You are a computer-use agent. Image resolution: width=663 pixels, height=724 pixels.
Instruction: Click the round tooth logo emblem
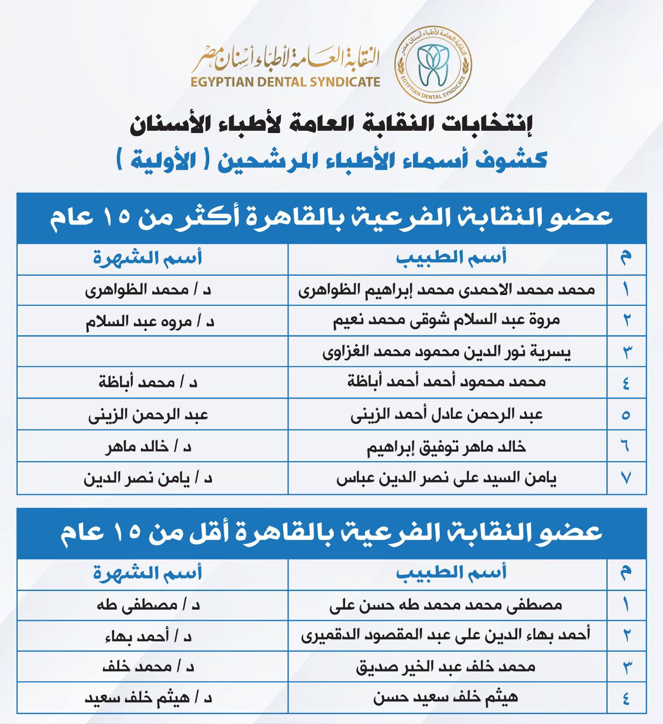coord(433,64)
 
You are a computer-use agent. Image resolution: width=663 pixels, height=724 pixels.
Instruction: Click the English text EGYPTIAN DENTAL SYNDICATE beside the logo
coord(285,82)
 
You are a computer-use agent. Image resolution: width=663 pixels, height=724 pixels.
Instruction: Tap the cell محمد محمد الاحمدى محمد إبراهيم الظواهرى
coord(447,290)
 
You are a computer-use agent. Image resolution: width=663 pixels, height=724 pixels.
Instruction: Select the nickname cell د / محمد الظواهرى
coord(148,290)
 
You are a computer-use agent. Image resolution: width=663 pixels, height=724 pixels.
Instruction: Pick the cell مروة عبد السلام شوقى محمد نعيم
coord(447,320)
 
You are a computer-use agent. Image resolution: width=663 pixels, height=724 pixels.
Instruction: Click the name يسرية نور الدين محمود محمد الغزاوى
coord(447,352)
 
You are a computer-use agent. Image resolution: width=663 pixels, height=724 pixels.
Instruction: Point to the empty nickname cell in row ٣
coord(152,351)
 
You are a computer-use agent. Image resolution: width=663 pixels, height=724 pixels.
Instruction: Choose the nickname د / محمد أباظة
coord(148,382)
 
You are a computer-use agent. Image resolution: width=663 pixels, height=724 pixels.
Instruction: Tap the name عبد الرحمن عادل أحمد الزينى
coord(447,414)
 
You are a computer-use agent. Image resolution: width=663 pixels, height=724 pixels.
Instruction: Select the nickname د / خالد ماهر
coord(149,447)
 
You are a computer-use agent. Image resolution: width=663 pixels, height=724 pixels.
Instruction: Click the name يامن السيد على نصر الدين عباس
coord(447,478)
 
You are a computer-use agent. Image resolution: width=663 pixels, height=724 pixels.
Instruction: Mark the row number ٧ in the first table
coord(626,478)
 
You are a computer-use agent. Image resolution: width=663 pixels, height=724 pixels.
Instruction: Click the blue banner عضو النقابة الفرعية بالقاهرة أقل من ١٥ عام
coord(331,533)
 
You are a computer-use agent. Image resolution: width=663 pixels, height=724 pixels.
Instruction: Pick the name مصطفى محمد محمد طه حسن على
coord(446,605)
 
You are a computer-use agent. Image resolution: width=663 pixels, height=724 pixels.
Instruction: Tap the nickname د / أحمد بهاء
coord(149,637)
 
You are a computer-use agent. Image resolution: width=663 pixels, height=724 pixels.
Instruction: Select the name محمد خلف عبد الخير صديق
coord(446,667)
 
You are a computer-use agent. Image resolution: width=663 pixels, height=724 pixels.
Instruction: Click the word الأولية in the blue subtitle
coord(163,161)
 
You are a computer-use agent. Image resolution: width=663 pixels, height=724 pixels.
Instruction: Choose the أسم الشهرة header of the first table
coord(148,258)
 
